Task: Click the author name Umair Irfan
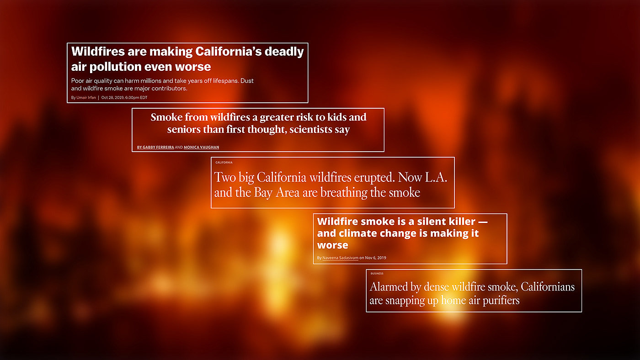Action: tap(86, 97)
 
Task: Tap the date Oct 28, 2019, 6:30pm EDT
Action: tap(124, 97)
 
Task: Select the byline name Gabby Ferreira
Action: tap(158, 147)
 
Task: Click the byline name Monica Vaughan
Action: tap(202, 147)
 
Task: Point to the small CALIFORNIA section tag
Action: tap(224, 163)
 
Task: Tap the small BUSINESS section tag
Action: tap(377, 274)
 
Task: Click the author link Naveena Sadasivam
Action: tap(340, 258)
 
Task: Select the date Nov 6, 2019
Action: tap(375, 258)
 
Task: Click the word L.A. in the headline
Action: tap(436, 177)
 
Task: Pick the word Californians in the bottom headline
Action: tap(548, 286)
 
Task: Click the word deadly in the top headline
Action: tap(284, 52)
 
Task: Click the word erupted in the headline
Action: tap(374, 178)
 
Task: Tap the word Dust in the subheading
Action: tap(247, 81)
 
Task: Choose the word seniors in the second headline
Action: tap(184, 129)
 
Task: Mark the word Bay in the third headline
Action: tap(262, 193)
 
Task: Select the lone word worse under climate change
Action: tap(333, 245)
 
